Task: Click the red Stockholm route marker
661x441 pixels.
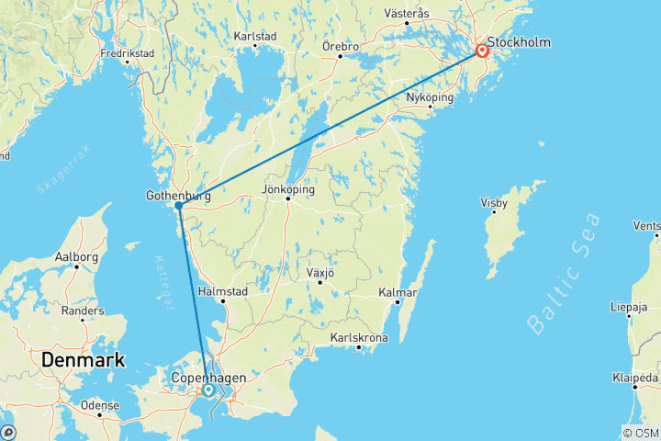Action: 480,50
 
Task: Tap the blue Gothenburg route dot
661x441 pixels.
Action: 179,206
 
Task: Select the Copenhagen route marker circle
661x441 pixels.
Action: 208,390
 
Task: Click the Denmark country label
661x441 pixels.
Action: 83,360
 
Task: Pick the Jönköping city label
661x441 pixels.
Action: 288,189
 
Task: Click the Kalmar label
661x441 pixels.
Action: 398,293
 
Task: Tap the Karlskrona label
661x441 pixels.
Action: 359,338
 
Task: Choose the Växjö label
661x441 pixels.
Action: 319,274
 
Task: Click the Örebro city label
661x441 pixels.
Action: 339,45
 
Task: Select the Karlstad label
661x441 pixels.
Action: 255,37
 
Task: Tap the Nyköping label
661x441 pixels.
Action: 431,96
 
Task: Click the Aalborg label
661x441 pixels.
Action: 76,258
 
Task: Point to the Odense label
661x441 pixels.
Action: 100,405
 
